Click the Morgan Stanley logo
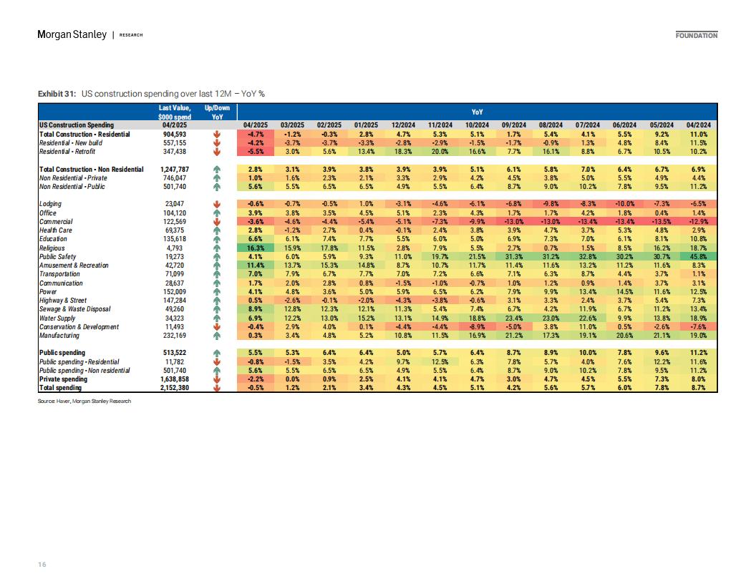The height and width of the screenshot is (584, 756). tap(72, 34)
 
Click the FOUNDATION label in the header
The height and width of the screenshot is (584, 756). tap(696, 36)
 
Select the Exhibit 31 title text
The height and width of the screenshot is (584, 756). tap(151, 94)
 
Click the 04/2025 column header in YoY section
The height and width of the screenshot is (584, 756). tap(255, 125)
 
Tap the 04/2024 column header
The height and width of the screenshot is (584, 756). tap(699, 125)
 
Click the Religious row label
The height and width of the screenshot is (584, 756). tap(52, 248)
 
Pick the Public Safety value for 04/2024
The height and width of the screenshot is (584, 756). tap(699, 257)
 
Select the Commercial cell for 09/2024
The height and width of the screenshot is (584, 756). tap(514, 222)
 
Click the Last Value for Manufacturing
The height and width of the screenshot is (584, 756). tap(174, 336)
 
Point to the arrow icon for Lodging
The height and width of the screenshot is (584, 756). tap(217, 204)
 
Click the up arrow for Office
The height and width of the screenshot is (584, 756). tap(217, 213)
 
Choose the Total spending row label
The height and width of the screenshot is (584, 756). tap(60, 388)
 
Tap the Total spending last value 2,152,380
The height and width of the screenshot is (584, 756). tap(174, 388)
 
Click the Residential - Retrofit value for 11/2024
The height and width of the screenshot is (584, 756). tap(440, 151)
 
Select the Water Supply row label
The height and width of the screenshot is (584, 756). tap(57, 318)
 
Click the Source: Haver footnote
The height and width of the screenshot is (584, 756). tap(84, 401)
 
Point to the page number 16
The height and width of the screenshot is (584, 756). tap(42, 564)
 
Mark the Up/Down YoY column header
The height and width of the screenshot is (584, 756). tap(217, 112)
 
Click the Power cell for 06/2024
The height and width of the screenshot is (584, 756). tap(624, 291)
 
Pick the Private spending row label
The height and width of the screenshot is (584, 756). tap(63, 379)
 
